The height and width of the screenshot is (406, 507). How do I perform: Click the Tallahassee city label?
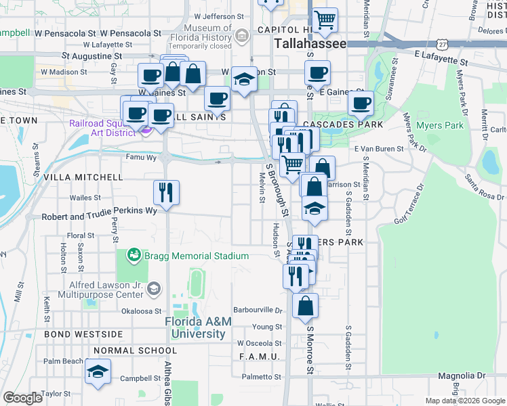pyautogui.click(x=310, y=43)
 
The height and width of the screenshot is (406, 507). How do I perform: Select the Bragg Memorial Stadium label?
pyautogui.click(x=190, y=256)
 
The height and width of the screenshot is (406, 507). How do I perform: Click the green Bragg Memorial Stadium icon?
pyautogui.click(x=134, y=256)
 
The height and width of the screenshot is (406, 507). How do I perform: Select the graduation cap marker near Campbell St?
pyautogui.click(x=98, y=372)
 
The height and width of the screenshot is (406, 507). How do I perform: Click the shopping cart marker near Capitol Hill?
pyautogui.click(x=325, y=20)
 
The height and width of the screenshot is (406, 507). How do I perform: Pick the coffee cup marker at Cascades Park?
pyautogui.click(x=361, y=104)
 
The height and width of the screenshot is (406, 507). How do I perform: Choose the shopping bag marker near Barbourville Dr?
pyautogui.click(x=306, y=306)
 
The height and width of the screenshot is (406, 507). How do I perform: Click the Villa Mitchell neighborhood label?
pyautogui.click(x=83, y=177)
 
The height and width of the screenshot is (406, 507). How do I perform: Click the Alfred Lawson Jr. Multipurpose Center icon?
pyautogui.click(x=154, y=289)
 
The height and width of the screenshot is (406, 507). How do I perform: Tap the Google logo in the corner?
pyautogui.click(x=22, y=399)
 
